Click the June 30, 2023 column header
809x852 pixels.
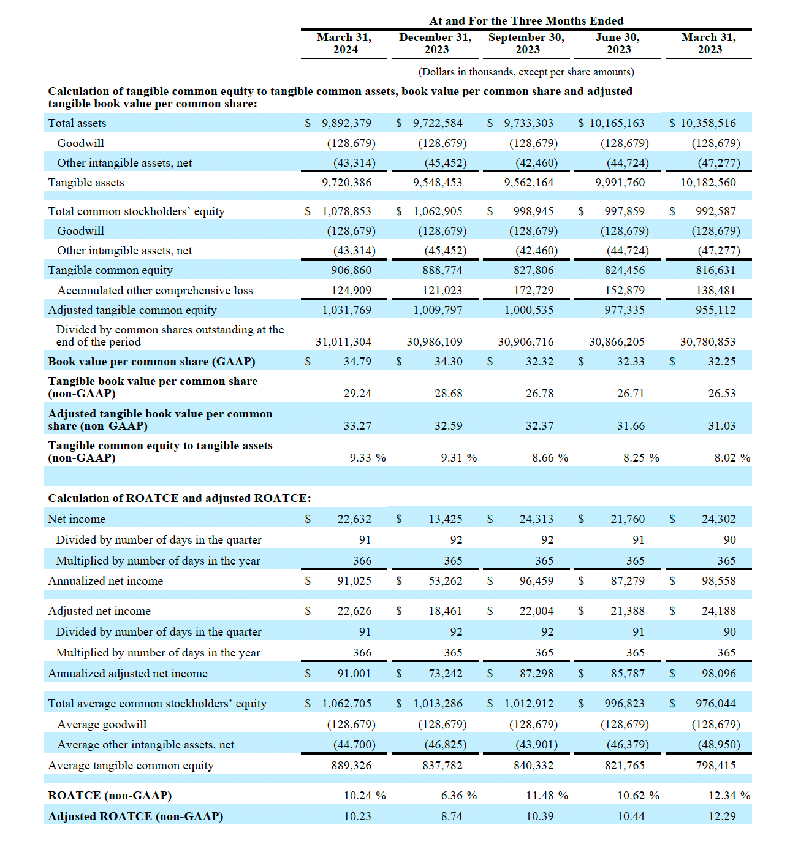tap(617, 44)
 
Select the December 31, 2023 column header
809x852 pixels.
tap(436, 44)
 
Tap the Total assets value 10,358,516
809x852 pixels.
tap(708, 123)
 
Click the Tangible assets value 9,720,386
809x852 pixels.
tap(347, 183)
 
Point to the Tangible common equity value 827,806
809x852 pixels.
tap(533, 270)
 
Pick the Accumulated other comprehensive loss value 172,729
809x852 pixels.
tap(533, 290)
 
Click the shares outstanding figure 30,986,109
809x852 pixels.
tap(435, 341)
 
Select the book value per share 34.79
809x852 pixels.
tap(357, 361)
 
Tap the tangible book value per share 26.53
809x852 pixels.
tap(722, 393)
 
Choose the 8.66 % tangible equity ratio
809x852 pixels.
tap(550, 458)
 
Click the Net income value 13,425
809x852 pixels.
tap(446, 519)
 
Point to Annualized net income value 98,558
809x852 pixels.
tap(719, 580)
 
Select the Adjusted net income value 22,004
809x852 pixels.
tap(536, 610)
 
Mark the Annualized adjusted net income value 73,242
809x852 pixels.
tap(446, 673)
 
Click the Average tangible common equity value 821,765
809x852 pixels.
tap(625, 765)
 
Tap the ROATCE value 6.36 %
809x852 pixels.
tap(459, 795)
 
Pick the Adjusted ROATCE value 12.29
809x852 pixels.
tap(722, 816)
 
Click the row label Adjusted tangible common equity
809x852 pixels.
tap(132, 310)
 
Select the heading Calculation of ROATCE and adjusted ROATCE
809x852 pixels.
tap(180, 498)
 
